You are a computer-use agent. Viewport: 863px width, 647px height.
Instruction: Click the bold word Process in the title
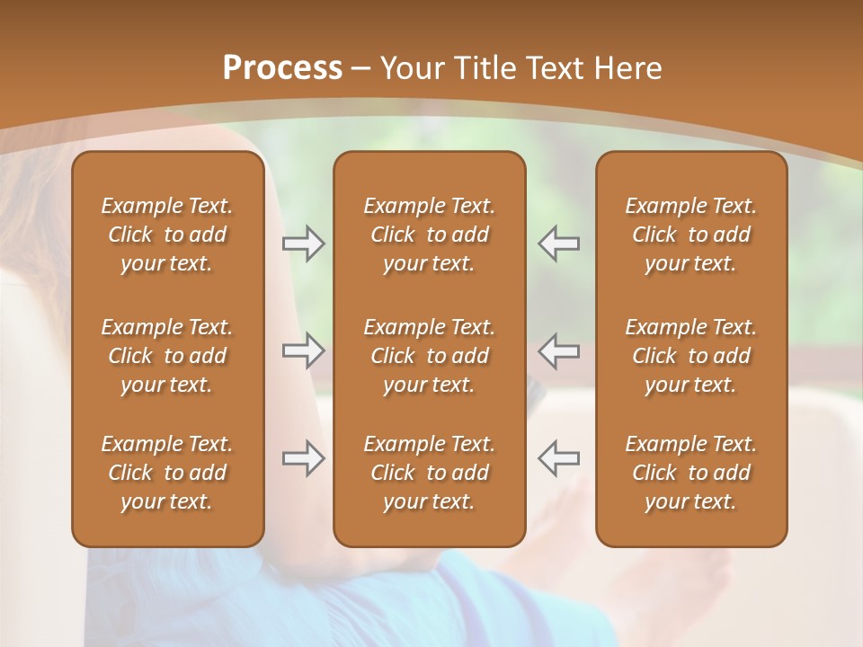(282, 68)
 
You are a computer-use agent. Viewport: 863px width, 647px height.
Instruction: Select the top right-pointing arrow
(303, 243)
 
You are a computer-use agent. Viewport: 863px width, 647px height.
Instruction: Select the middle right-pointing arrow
(303, 350)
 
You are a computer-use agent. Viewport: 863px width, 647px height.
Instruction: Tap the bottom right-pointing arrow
(303, 458)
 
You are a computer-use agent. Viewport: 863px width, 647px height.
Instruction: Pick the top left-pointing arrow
(559, 243)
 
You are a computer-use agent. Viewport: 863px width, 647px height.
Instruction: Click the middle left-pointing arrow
(559, 350)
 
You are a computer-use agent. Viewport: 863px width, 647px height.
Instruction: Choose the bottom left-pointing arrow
(559, 458)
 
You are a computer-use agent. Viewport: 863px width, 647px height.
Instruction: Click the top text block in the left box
(167, 235)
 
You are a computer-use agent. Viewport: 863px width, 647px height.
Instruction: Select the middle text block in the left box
(167, 356)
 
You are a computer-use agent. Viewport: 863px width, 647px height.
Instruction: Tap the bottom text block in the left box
(167, 473)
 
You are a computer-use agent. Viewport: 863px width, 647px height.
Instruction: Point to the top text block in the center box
(430, 235)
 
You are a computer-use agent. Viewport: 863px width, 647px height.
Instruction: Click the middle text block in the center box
(430, 356)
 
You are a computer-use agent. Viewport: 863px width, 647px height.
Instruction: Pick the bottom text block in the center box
(430, 473)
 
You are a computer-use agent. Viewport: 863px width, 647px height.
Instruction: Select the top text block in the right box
(691, 235)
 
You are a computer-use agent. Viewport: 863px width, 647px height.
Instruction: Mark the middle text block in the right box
(691, 356)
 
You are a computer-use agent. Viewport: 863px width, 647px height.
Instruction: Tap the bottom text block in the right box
(691, 473)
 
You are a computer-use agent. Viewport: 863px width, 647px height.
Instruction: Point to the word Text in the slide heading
(555, 68)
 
